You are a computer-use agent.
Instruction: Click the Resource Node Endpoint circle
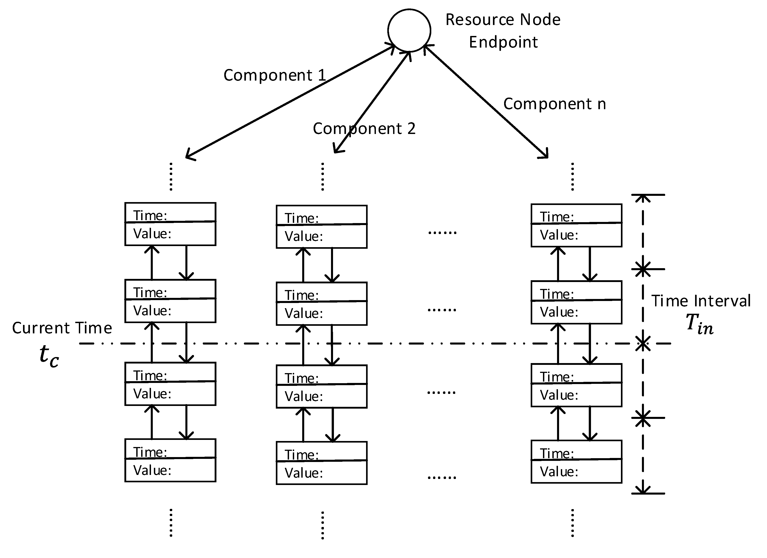coord(409,30)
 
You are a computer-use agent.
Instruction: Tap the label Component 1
coord(275,75)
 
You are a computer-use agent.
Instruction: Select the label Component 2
coord(364,129)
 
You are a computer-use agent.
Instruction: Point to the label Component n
coord(555,104)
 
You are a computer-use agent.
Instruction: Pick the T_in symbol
coord(699,324)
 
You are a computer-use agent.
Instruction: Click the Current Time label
coord(62,328)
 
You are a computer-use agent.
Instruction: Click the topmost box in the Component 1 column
coord(170,224)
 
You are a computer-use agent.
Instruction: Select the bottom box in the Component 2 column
coord(322,463)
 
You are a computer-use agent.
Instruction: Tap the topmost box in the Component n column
coord(576,225)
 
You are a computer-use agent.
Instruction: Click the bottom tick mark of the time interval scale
coord(648,493)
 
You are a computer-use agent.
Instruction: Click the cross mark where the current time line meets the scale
coord(643,344)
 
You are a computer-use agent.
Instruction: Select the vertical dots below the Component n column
coord(572,523)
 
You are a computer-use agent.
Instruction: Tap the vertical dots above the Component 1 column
coord(171,177)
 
